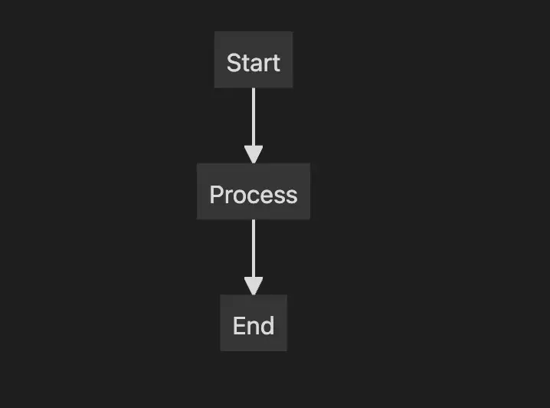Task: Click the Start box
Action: pos(254,60)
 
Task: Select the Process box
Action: pos(254,192)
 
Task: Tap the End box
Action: pos(254,323)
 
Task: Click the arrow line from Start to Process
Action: pos(254,125)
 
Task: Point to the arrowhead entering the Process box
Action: pos(254,155)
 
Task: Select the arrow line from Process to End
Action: pos(254,257)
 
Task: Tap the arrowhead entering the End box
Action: pos(254,286)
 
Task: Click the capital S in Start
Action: pos(234,63)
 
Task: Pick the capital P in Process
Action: pos(217,195)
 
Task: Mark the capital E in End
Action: pos(239,326)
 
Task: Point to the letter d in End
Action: pos(267,325)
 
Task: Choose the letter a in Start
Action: pos(257,65)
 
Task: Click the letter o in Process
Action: pos(238,197)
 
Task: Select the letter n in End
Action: pos(253,328)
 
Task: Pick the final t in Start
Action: pos(277,64)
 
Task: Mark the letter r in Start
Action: pos(268,65)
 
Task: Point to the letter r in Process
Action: pos(228,196)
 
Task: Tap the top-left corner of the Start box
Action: pos(214,31)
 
